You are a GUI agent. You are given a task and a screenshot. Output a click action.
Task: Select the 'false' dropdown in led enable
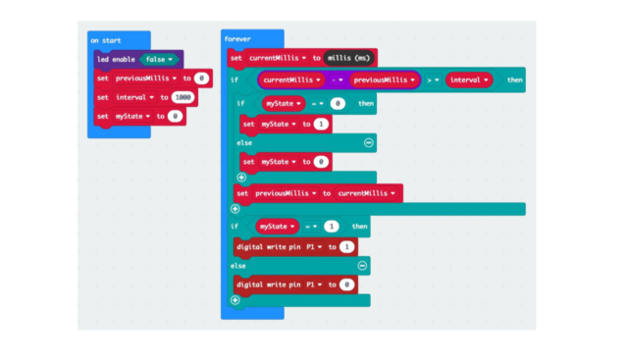(158, 59)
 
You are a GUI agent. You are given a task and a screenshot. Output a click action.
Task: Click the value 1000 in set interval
(183, 97)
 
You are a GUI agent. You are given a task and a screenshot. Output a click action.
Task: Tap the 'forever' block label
(237, 39)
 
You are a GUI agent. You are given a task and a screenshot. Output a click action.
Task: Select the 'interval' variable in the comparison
(467, 80)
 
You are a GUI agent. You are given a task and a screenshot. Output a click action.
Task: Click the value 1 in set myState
(322, 124)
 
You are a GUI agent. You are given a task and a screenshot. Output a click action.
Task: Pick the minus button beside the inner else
(368, 142)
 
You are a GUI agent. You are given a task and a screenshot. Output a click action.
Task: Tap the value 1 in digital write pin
(346, 246)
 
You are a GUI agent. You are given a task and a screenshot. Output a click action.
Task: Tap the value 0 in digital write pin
(346, 283)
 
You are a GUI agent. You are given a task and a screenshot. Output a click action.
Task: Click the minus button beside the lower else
(362, 265)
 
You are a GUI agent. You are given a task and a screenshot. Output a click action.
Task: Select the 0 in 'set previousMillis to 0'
(201, 77)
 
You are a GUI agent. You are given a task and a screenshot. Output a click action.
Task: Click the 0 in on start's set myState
(174, 116)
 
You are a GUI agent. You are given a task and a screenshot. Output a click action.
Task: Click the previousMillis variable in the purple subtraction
(379, 80)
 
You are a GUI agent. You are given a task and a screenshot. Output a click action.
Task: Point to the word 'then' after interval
(514, 80)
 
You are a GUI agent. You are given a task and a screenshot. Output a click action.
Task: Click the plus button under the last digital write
(235, 300)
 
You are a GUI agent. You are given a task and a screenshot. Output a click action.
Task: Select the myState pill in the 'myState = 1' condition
(277, 227)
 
